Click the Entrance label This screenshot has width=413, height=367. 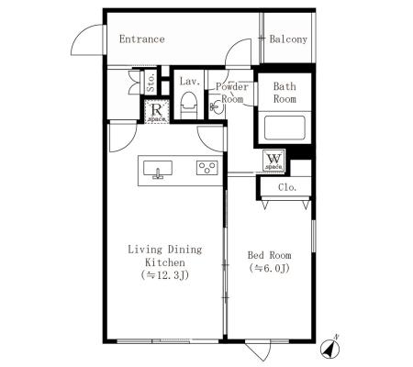[142, 39]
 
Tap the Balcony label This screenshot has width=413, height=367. [288, 39]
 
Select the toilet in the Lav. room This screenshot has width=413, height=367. [189, 105]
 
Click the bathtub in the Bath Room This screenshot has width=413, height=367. [285, 128]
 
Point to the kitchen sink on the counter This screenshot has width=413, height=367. [158, 169]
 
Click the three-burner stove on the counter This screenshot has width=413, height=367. [207, 168]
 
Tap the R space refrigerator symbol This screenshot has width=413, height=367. [157, 111]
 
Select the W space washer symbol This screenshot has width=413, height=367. [273, 161]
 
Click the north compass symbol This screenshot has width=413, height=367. [330, 348]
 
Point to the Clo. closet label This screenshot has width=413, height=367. [287, 187]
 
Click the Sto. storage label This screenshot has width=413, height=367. [151, 83]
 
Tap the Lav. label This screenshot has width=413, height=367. [190, 82]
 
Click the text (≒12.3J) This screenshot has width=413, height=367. [165, 275]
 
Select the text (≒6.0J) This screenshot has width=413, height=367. [269, 268]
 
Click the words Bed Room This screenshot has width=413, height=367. [269, 255]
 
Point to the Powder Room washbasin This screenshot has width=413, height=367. [217, 106]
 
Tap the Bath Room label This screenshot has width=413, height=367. [285, 93]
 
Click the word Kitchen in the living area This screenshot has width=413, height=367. [165, 262]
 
